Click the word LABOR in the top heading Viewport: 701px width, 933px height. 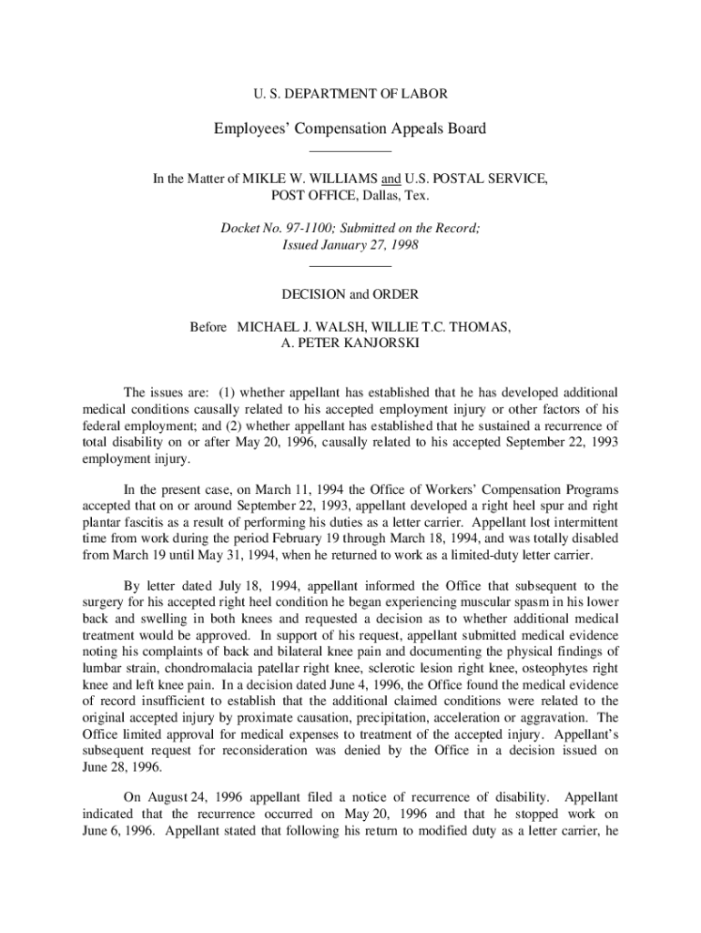[x=425, y=93]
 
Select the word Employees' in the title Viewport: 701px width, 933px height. [x=250, y=128]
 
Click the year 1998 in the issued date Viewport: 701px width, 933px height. [x=402, y=246]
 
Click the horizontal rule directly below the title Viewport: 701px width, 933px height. [x=350, y=150]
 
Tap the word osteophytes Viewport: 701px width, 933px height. [x=543, y=668]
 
